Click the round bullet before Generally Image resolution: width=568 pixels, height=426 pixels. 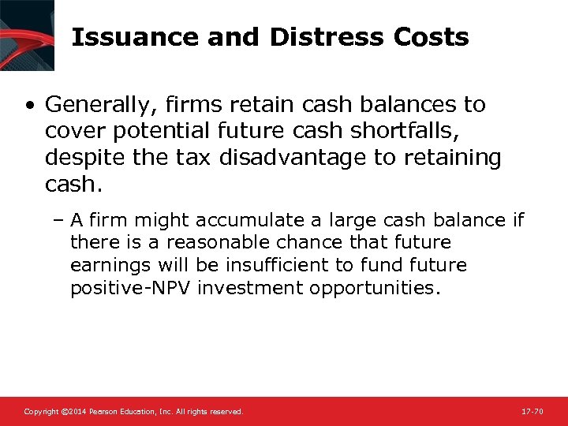point(29,105)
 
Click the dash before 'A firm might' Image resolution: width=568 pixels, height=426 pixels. point(60,220)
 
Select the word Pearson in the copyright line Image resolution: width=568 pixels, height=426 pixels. point(104,412)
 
